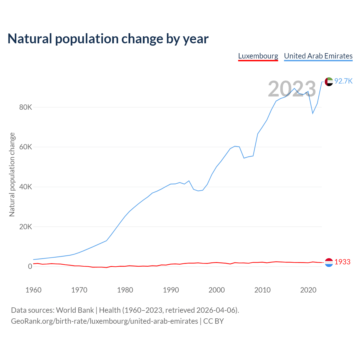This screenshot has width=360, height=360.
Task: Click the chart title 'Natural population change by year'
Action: [x=108, y=39]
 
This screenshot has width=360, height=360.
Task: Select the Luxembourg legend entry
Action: [x=258, y=56]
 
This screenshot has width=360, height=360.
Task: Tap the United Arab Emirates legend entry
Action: [x=318, y=56]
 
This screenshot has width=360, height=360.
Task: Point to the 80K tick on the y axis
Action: [x=26, y=107]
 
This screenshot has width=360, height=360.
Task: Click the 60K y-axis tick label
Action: [x=26, y=147]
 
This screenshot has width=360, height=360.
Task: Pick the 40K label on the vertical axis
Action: [x=26, y=187]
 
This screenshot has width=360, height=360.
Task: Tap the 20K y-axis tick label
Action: [x=26, y=227]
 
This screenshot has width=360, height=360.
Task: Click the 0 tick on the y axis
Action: [x=30, y=266]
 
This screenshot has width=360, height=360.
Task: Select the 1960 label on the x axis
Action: [x=33, y=290]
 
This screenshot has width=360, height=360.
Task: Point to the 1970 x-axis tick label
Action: [x=79, y=290]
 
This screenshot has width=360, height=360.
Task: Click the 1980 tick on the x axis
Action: [x=125, y=290]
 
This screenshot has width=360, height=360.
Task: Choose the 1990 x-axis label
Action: [x=171, y=290]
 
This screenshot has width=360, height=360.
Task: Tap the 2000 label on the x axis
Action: [x=217, y=290]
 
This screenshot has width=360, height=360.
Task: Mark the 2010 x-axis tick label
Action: [x=262, y=290]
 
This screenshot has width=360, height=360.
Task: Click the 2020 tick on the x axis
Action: [x=308, y=290]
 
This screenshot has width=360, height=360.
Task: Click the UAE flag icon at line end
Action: [x=329, y=82]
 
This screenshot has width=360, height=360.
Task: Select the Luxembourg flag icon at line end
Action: [x=329, y=262]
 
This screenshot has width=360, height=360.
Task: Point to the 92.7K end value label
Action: [x=343, y=81]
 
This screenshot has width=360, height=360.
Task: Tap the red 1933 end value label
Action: [x=343, y=262]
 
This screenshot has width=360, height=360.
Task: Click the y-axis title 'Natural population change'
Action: [x=12, y=175]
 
